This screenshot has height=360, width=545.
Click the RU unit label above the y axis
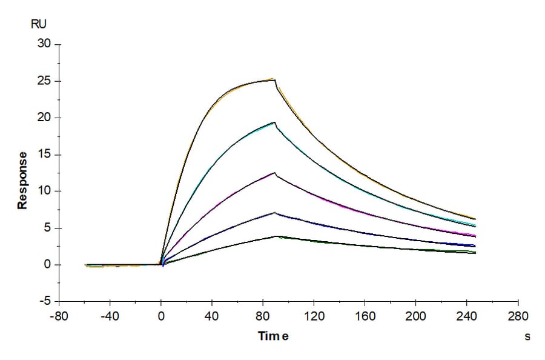(x=38, y=24)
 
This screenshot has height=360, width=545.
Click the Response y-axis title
(x=22, y=180)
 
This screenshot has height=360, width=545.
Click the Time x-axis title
(x=273, y=336)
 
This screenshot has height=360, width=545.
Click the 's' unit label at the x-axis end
(x=527, y=336)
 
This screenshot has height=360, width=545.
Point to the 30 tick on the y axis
(x=44, y=44)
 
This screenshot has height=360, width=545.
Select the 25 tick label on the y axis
(x=44, y=81)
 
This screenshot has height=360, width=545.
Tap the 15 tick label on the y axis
(x=44, y=155)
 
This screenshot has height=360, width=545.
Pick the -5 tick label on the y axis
(x=44, y=301)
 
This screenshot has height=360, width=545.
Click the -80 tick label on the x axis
(x=59, y=316)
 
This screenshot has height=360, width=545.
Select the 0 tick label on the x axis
(x=161, y=316)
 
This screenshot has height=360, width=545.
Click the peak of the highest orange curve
(x=274, y=79)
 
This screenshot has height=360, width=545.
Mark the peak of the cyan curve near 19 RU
(x=274, y=122)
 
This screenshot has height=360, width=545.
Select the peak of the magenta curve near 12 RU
(x=274, y=173)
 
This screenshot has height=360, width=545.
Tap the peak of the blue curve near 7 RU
(x=274, y=213)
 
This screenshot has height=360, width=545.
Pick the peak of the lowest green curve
(x=276, y=236)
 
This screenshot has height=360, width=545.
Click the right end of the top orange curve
(x=475, y=219)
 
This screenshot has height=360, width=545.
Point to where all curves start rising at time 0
(x=161, y=264)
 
